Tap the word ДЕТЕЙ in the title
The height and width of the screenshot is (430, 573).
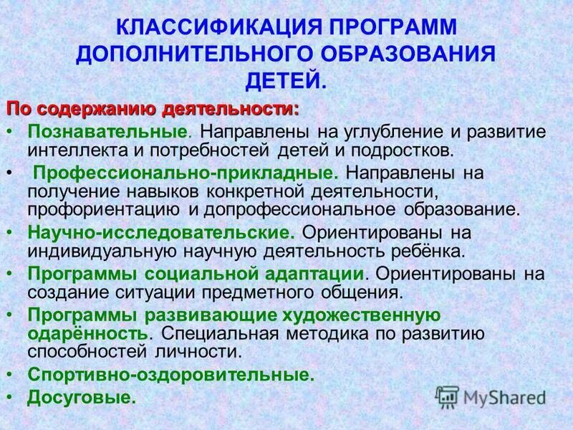(286, 82)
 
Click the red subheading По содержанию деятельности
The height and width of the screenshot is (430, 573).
(153, 110)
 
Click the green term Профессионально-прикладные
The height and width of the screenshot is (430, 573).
(186, 174)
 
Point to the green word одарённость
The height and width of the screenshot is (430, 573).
(88, 333)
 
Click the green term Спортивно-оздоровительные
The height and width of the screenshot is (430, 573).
(170, 374)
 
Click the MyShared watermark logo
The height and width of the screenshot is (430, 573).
(491, 396)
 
